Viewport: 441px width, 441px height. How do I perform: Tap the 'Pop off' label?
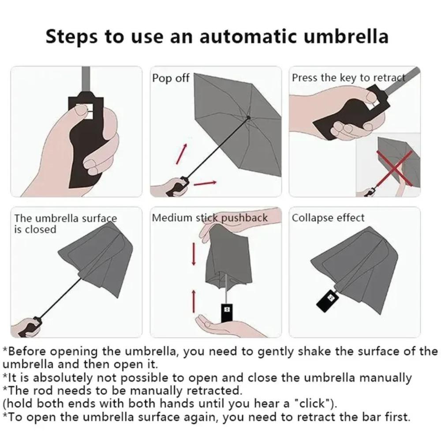171,78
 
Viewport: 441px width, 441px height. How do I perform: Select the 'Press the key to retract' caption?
348,78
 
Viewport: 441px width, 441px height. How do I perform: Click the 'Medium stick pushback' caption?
209,218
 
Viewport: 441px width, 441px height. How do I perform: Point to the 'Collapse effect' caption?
328,218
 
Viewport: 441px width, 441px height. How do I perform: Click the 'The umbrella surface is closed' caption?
65,224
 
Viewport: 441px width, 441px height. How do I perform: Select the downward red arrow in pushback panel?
193,254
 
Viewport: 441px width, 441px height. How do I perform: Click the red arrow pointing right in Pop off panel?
206,183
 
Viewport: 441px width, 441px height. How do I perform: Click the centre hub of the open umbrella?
249,117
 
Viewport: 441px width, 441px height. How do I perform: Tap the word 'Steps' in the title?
72,36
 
